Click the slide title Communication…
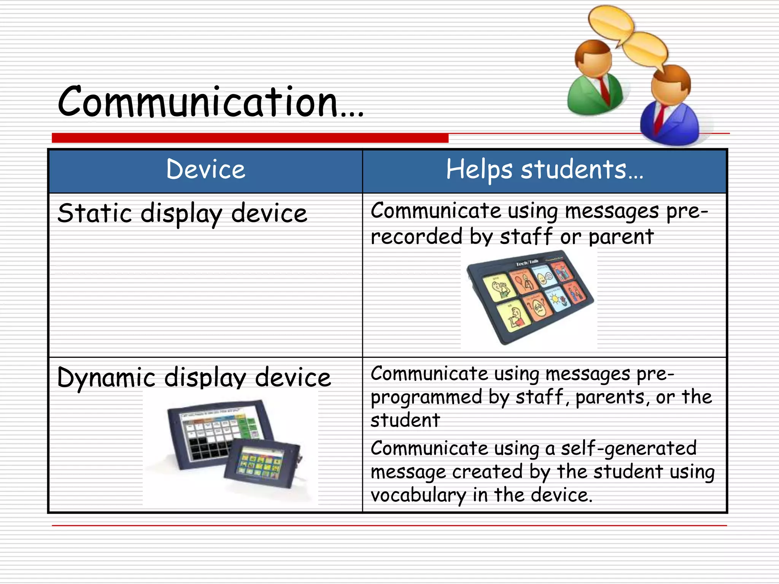[x=210, y=102]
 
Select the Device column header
[x=205, y=170]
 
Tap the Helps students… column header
[x=544, y=170]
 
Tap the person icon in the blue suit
[x=670, y=110]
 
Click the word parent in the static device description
[x=621, y=237]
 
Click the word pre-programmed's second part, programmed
[x=426, y=398]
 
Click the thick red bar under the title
[x=250, y=138]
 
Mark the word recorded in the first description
[x=416, y=237]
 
